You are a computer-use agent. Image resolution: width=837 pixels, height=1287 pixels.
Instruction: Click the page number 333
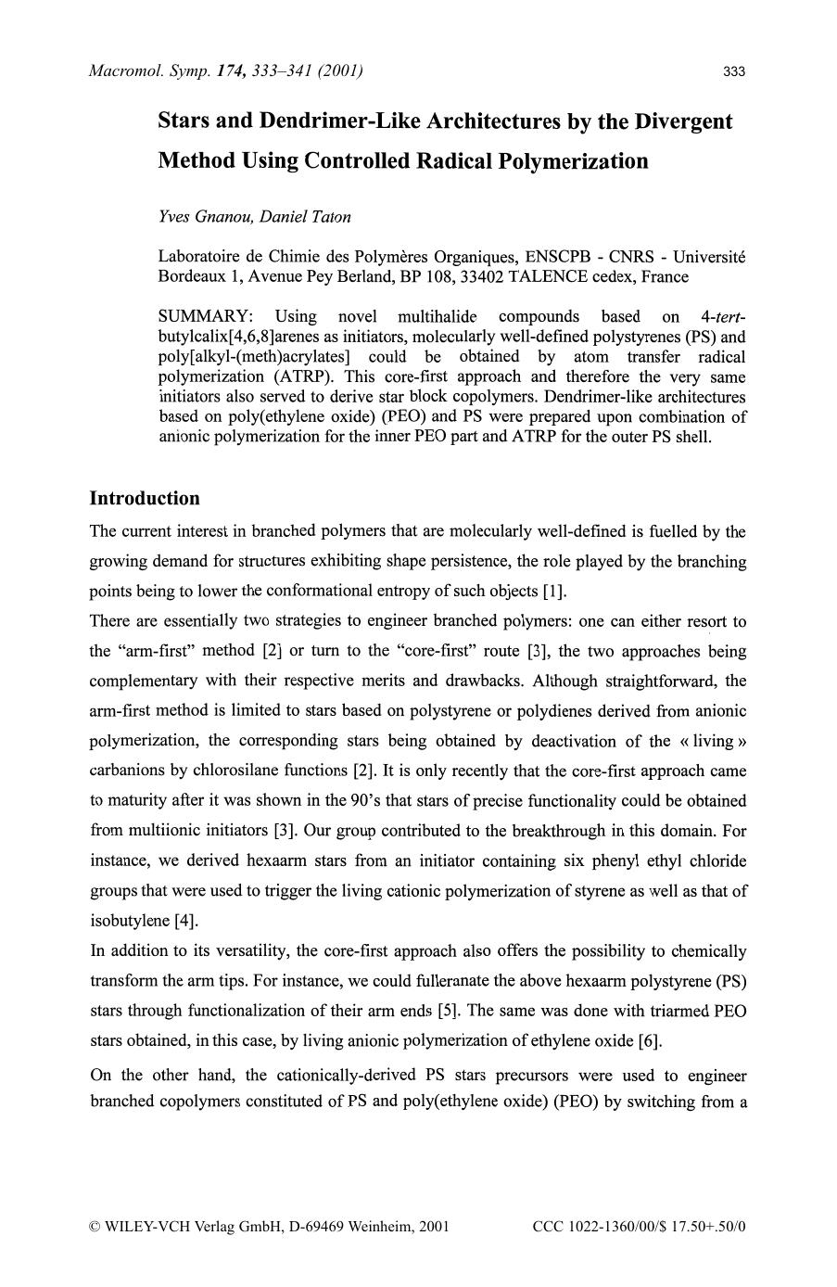(734, 71)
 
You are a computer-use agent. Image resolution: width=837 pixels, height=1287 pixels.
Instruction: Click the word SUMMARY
(202, 317)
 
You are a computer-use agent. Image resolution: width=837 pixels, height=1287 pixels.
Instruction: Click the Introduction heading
(144, 498)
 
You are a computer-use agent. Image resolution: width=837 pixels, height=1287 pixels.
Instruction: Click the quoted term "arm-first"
(163, 651)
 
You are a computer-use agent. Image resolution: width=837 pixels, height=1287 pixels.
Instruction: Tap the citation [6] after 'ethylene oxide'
(650, 1040)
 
